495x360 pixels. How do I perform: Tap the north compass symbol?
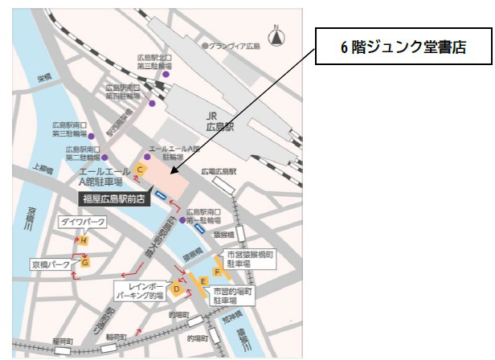276,35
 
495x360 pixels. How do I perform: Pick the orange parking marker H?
83,239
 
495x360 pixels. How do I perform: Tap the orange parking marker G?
84,261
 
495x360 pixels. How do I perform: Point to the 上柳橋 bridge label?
39,170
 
